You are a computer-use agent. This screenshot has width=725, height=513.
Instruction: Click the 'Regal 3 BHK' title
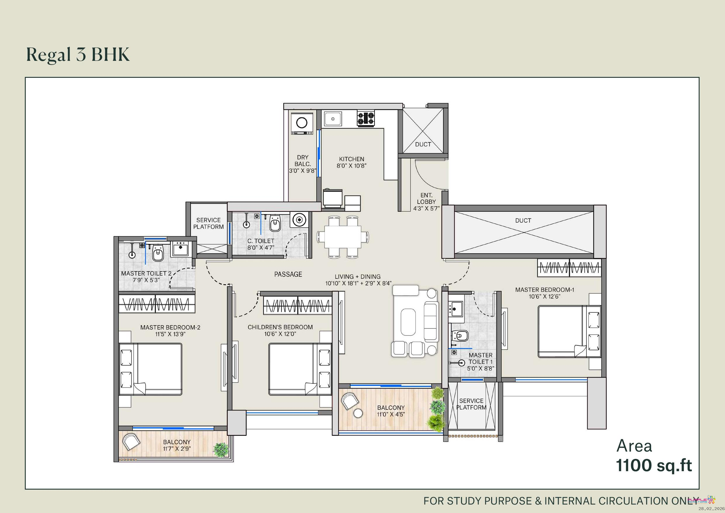(78, 55)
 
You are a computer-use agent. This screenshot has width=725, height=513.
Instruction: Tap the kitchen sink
(333, 119)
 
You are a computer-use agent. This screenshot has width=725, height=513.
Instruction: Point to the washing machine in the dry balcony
(302, 123)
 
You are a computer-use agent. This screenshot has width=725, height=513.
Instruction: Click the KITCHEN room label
(351, 159)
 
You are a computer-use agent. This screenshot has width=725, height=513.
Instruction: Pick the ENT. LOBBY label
(426, 198)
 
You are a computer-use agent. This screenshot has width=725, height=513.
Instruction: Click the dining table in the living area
(343, 237)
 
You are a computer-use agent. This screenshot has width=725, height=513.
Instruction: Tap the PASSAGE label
(288, 274)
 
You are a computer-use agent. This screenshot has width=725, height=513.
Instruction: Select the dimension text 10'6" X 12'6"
(544, 296)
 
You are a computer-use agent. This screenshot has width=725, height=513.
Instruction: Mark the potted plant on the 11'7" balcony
(221, 449)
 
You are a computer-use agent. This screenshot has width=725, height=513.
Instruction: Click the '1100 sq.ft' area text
(654, 465)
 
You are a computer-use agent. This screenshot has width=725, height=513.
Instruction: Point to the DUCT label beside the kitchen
(423, 144)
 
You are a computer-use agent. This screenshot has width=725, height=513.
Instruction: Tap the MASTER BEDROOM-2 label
(170, 328)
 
